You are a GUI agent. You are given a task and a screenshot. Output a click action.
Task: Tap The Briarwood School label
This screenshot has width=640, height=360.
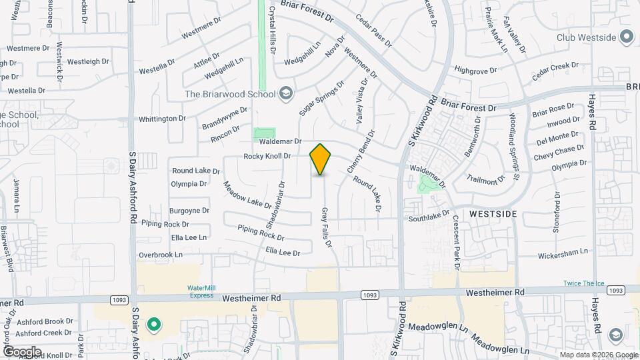(x=229, y=93)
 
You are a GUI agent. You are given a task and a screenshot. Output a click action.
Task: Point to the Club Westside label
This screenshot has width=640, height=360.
(x=585, y=37)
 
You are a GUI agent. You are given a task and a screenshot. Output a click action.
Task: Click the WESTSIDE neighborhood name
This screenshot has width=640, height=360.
(x=493, y=214)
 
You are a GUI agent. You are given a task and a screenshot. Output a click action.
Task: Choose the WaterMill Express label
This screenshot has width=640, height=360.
(x=201, y=291)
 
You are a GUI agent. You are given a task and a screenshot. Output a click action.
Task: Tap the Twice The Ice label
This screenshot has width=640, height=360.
(x=583, y=283)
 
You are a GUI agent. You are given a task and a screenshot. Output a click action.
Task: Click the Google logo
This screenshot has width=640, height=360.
(x=22, y=351)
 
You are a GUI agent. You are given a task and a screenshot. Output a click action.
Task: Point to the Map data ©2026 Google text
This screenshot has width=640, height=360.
(x=598, y=354)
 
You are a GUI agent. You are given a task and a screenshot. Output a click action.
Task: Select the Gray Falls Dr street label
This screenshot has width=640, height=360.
(x=327, y=228)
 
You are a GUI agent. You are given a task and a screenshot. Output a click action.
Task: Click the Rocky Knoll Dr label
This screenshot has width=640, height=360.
(x=267, y=156)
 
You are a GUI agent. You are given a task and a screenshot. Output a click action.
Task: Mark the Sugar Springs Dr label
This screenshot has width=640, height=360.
(x=321, y=99)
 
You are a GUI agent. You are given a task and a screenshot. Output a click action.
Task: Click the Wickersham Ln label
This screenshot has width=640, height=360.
(x=563, y=252)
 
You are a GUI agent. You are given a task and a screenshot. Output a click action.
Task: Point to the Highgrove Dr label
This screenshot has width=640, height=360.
(x=476, y=69)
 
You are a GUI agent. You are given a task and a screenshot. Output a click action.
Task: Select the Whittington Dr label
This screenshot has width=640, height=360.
(x=162, y=119)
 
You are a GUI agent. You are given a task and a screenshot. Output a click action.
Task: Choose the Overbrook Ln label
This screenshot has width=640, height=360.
(x=160, y=255)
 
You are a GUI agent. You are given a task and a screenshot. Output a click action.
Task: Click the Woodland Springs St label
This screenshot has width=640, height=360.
(x=513, y=148)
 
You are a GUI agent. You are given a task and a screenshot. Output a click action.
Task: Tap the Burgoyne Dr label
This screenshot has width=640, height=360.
(x=189, y=210)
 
